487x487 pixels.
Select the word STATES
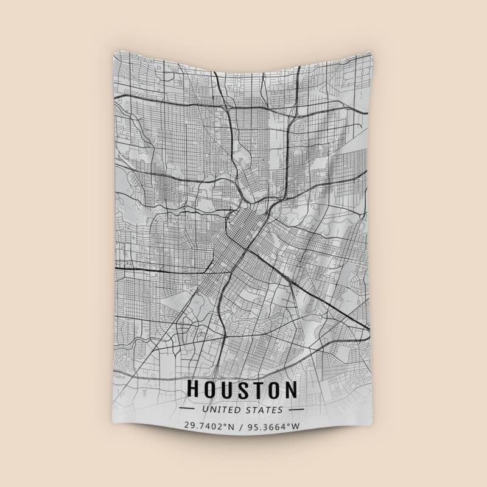coord(266,410)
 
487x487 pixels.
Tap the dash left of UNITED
coord(187,410)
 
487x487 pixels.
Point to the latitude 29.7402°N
coord(209,427)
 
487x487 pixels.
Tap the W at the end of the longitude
coord(296,427)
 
